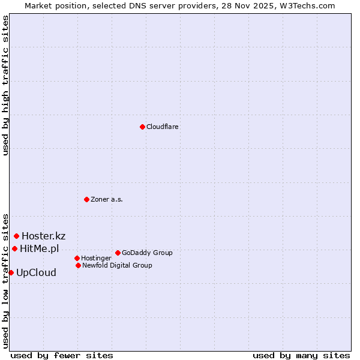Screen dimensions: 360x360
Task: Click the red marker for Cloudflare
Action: point(142,127)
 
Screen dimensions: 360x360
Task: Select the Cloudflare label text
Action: point(163,127)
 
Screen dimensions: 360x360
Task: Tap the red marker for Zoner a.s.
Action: point(86,199)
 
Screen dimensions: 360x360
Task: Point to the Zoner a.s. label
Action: point(107,199)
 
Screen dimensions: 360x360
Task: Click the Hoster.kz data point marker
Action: point(16,236)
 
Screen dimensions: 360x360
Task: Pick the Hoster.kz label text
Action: point(43,236)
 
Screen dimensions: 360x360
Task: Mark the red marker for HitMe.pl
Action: point(14,248)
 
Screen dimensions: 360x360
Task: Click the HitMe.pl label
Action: point(39,248)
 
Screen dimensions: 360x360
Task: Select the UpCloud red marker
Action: point(11,272)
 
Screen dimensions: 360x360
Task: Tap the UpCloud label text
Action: point(36,272)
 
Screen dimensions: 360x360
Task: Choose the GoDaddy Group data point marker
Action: point(118,253)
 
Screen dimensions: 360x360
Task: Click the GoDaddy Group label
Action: point(147,253)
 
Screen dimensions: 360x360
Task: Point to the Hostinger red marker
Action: point(77,258)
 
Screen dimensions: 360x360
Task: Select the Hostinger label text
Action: point(96,258)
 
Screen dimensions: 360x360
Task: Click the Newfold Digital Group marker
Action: point(78,265)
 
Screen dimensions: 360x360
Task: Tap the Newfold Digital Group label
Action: point(117,265)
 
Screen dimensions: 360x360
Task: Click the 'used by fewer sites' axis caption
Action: point(62,355)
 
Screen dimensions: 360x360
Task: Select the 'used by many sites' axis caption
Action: point(301,355)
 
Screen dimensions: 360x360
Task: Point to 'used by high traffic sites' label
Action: point(5,85)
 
